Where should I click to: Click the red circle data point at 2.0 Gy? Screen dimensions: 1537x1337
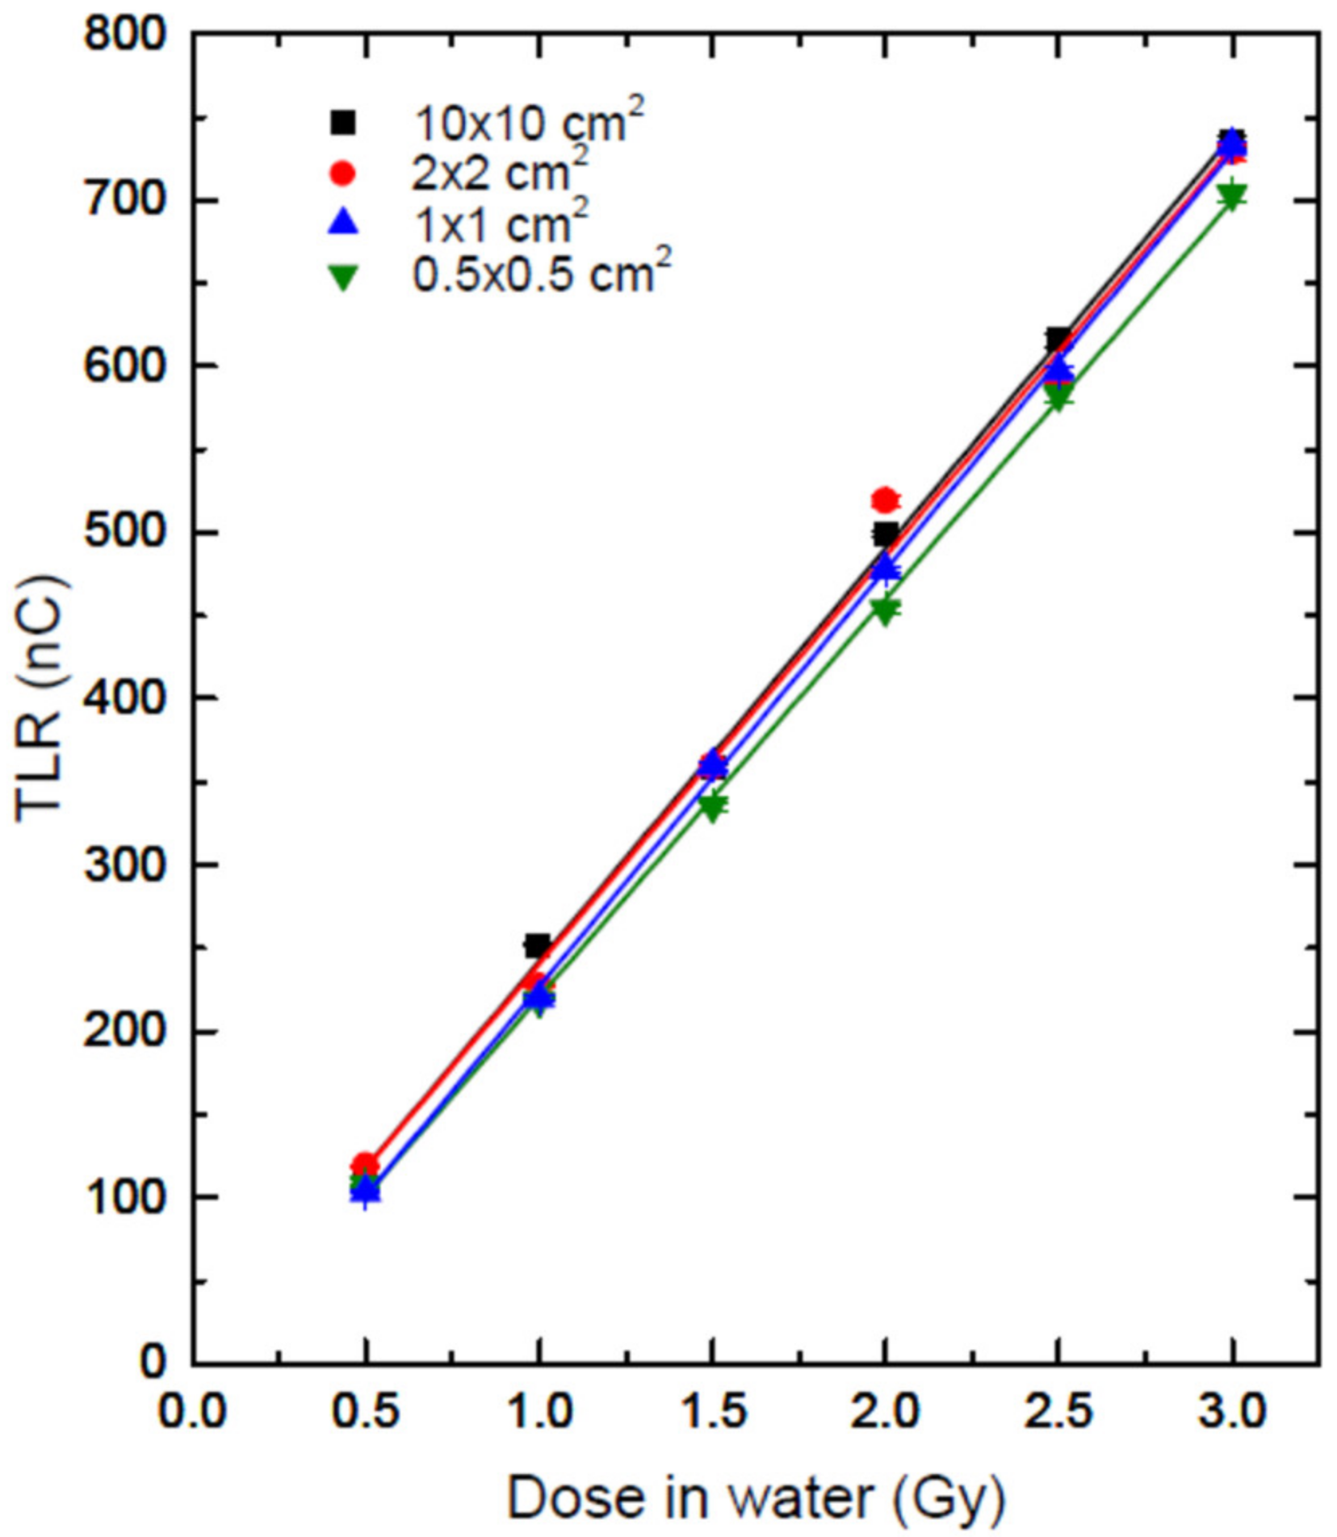click(x=885, y=500)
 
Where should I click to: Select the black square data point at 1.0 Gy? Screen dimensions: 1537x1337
click(x=538, y=945)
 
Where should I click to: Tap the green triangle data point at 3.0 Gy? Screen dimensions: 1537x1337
click(x=1232, y=196)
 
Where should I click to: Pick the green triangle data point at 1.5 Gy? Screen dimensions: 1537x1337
click(x=712, y=806)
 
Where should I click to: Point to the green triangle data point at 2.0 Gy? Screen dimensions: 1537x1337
click(x=885, y=609)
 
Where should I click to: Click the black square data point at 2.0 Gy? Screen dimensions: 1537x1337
click(x=885, y=534)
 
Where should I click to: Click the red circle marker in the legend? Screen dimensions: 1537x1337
click(x=343, y=173)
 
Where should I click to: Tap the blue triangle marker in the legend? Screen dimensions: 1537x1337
click(x=343, y=222)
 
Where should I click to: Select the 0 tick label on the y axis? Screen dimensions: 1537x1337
click(x=153, y=1361)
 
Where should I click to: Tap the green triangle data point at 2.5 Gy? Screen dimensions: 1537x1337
click(x=1058, y=396)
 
